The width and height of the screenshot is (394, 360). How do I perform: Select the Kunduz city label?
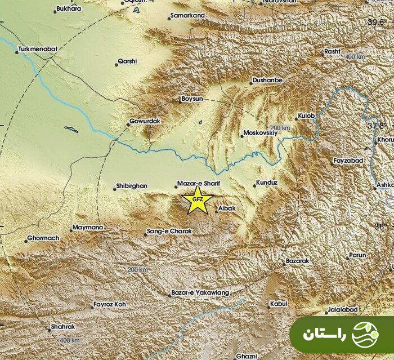267,183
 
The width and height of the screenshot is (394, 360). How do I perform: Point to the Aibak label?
227,208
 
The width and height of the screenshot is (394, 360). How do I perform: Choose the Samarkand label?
188,15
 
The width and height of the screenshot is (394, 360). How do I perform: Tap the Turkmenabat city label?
38,50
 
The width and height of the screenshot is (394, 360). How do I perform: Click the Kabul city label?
278,304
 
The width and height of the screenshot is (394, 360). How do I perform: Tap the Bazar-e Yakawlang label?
200,293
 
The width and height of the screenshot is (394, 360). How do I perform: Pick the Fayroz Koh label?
110,305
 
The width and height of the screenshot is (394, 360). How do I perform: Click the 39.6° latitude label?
378,23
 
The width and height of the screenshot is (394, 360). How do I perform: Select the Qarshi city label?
127,61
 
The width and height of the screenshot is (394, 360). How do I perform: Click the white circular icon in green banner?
365,335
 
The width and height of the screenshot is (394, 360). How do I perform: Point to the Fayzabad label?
348,161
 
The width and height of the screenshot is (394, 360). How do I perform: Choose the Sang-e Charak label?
169,231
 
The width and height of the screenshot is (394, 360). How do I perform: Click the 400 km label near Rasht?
355,57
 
